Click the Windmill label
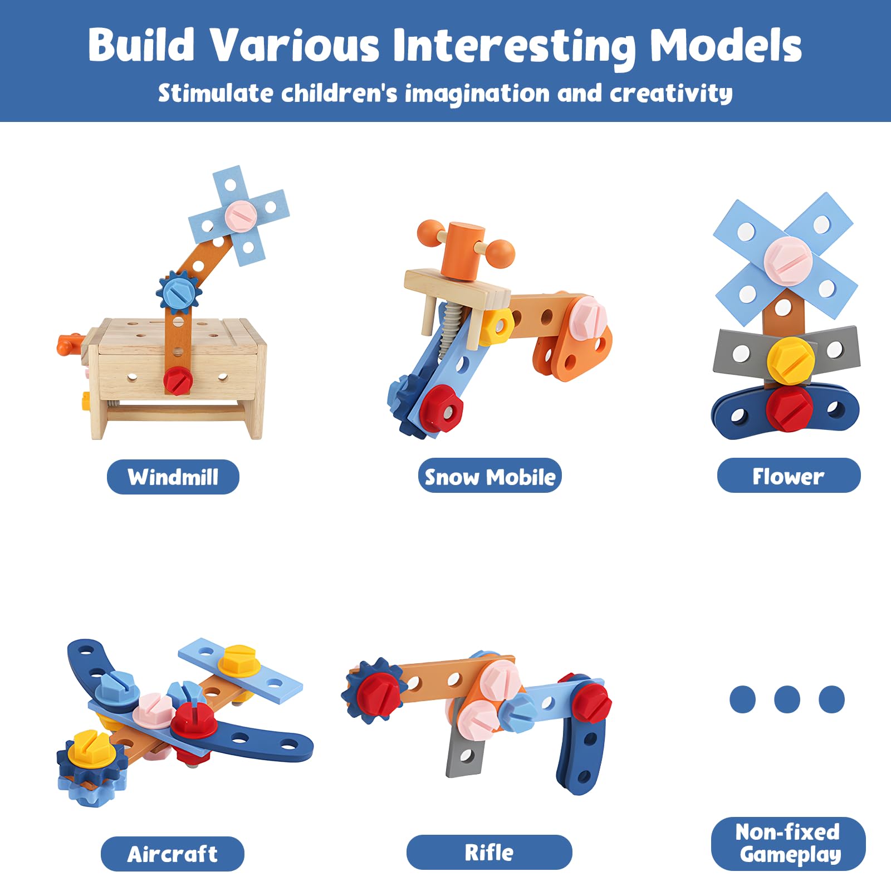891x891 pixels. (x=173, y=477)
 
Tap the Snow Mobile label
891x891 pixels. (x=489, y=476)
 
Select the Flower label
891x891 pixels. (x=788, y=476)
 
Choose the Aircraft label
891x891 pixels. (x=172, y=854)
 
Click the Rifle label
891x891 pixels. (x=489, y=852)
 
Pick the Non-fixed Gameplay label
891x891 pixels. (x=788, y=843)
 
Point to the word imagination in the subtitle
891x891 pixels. (x=477, y=94)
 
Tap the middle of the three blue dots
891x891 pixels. (x=787, y=699)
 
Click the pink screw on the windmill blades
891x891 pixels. (x=241, y=213)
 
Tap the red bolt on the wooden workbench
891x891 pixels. (x=178, y=380)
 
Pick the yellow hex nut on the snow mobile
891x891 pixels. (x=495, y=327)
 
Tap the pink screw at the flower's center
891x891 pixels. (x=787, y=260)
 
